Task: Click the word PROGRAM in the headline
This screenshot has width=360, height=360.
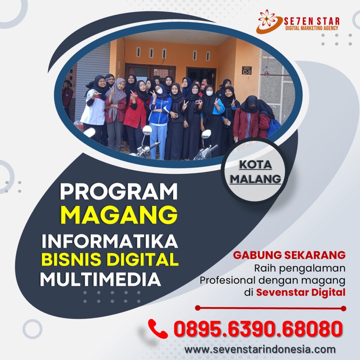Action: [119, 192]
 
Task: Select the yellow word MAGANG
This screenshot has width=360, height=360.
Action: [119, 215]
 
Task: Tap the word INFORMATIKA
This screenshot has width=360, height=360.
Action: [110, 241]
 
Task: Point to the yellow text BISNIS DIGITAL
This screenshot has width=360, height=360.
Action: [110, 259]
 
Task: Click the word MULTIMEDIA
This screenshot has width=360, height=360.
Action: [101, 279]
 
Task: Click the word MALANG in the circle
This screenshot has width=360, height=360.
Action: [256, 179]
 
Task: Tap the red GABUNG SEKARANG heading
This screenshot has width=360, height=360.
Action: [289, 255]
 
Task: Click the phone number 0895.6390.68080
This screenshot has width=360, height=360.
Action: [258, 329]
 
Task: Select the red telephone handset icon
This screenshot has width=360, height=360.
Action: [157, 328]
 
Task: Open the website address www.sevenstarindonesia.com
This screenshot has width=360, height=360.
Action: [260, 349]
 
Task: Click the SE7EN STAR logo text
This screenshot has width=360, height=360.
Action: [311, 21]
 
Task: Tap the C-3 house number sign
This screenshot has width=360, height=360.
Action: [246, 70]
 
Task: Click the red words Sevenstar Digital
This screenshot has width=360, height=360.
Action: [301, 292]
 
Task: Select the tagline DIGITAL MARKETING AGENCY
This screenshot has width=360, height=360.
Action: [311, 28]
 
